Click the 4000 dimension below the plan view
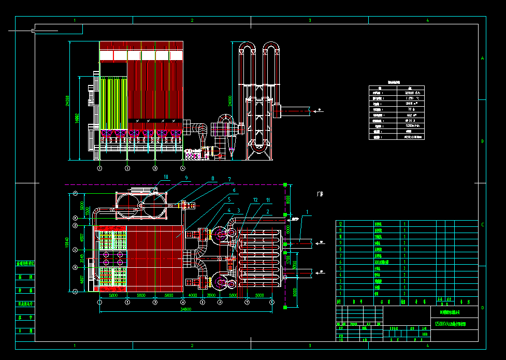193,295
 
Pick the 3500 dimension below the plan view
211,295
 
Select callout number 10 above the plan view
166,177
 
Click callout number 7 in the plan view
229,179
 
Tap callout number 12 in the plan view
255,199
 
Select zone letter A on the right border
482,59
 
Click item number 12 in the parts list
340,223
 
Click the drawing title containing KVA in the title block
450,324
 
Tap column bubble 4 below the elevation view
182,168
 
